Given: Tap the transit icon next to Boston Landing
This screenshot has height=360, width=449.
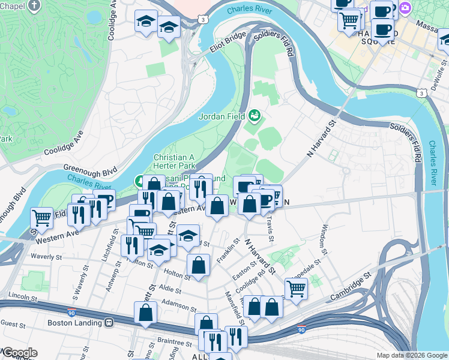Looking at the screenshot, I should coord(109,322).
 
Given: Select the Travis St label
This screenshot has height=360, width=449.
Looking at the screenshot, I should coord(270,229).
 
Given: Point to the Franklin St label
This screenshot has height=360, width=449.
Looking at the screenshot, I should coord(225,250).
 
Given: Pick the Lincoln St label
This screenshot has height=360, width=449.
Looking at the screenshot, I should coord(24,297).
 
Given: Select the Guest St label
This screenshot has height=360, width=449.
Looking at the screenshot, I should coord(12,323).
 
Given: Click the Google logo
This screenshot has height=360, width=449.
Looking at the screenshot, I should coord(19,353).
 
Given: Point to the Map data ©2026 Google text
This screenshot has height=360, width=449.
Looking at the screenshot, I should coord(411,355).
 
